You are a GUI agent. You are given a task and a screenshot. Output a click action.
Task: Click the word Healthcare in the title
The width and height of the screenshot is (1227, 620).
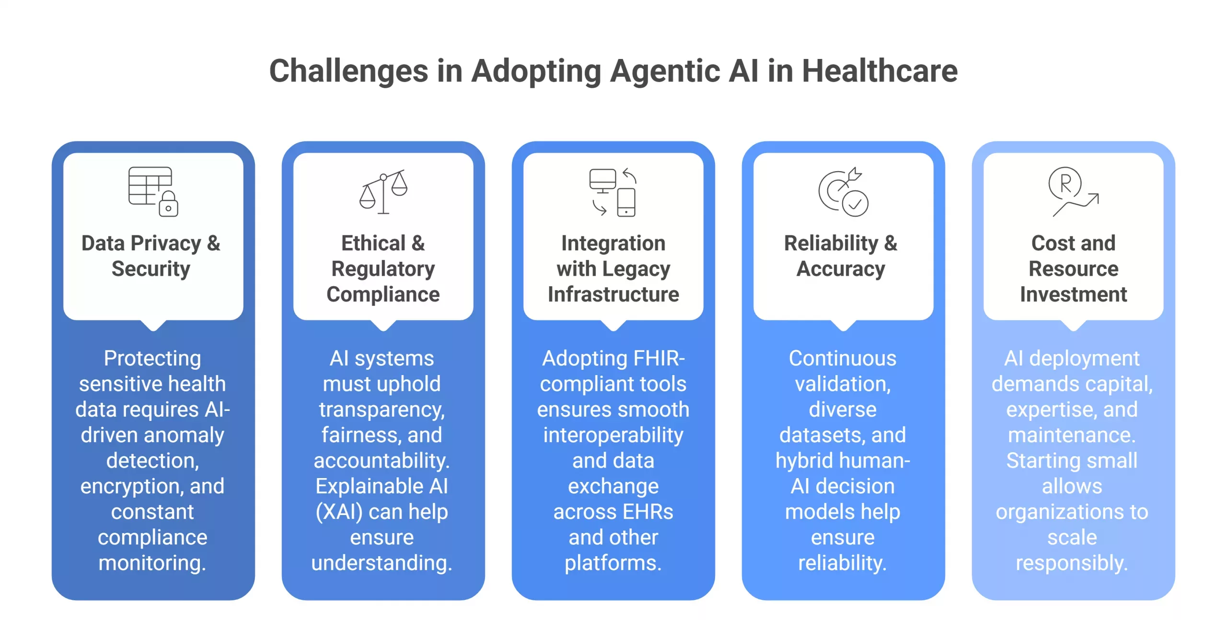880,71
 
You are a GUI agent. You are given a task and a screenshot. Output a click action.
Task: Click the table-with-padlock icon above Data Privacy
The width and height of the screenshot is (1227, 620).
153,191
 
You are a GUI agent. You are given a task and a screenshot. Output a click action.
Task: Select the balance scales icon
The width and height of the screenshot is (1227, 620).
383,191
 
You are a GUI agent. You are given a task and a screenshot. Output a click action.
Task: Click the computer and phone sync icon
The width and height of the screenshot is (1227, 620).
613,192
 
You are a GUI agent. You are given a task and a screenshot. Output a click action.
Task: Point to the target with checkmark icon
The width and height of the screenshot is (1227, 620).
843,192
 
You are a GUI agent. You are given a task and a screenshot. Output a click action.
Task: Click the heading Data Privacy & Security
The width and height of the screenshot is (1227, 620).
151,256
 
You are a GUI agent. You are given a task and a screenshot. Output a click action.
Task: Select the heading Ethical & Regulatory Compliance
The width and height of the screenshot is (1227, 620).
383,269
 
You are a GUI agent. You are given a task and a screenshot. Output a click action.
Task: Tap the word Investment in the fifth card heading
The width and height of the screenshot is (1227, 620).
1073,294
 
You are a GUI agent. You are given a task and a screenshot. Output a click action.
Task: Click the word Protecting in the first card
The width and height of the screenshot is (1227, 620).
152,358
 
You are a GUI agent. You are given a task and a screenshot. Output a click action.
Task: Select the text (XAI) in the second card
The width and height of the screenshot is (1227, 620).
339,512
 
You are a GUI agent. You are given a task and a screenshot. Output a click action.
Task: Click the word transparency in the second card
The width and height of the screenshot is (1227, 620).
382,409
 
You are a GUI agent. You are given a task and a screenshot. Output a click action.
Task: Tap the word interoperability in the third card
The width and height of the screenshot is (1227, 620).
613,435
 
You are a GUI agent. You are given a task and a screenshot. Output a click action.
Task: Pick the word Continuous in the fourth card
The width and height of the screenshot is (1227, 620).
843,358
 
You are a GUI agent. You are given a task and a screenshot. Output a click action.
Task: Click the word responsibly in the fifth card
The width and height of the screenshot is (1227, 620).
1072,563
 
